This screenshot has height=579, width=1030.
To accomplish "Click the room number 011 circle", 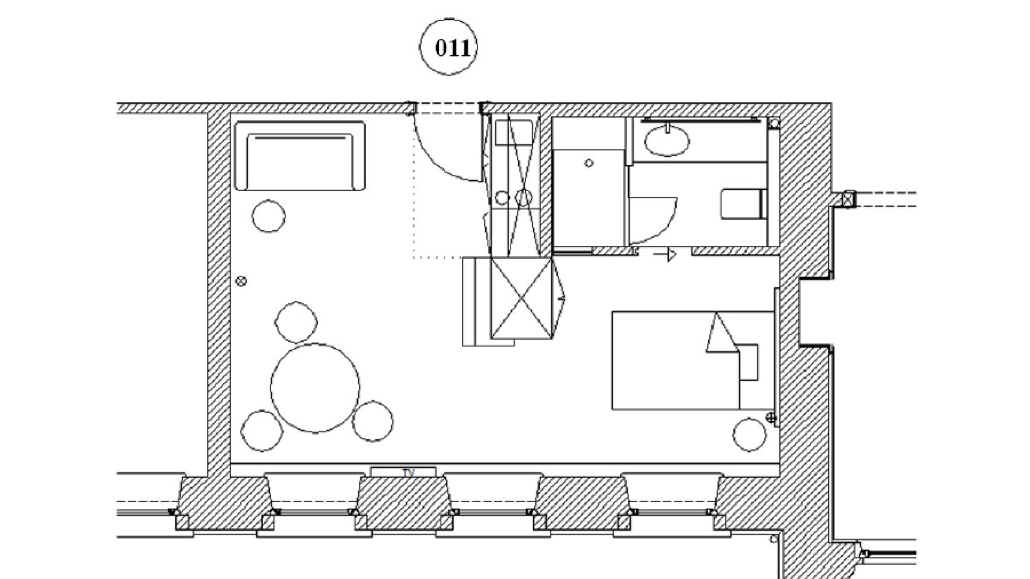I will pyautogui.click(x=448, y=47).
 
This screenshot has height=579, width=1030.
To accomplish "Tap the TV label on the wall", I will pyautogui.click(x=408, y=473).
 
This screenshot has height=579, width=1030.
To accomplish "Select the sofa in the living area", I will pyautogui.click(x=300, y=156).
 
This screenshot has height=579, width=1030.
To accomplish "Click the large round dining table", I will pyautogui.click(x=315, y=388).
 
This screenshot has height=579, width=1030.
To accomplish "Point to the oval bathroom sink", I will pyautogui.click(x=667, y=141).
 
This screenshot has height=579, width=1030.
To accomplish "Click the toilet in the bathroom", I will pyautogui.click(x=743, y=204).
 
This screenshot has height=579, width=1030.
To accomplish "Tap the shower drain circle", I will pyautogui.click(x=589, y=163).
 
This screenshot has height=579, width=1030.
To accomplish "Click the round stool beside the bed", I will pyautogui.click(x=750, y=434).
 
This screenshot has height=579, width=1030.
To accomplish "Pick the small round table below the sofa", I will pyautogui.click(x=269, y=216).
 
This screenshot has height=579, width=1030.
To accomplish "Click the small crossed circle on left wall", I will pyautogui.click(x=241, y=281).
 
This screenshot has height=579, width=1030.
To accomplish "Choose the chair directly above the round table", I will pyautogui.click(x=296, y=322).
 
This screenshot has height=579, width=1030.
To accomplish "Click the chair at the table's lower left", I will pyautogui.click(x=262, y=431).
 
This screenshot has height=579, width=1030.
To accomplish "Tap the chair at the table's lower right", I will pyautogui.click(x=373, y=421).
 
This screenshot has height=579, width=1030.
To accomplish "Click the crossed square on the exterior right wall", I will pyautogui.click(x=849, y=199).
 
